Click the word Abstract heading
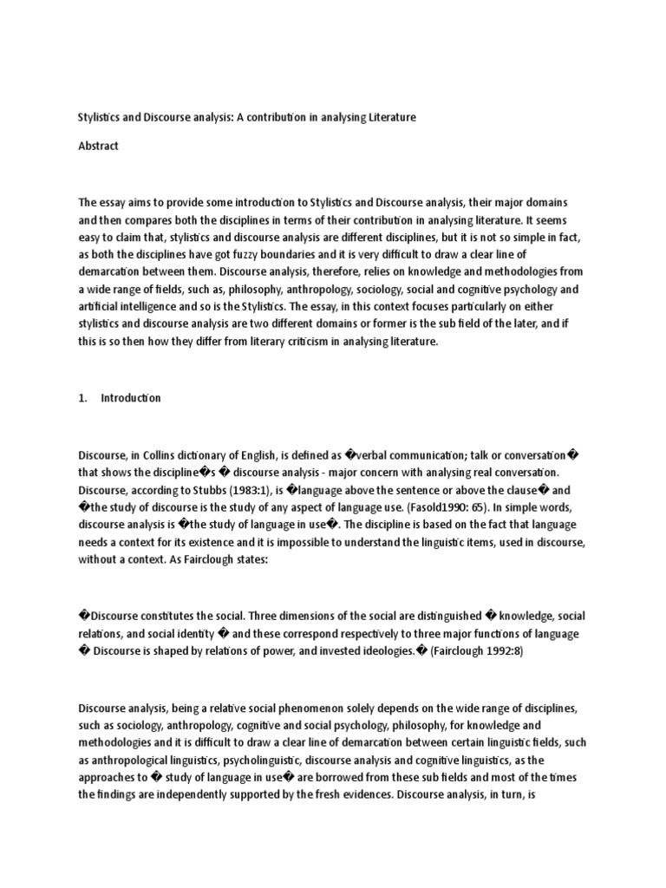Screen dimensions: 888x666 pyautogui.click(x=98, y=147)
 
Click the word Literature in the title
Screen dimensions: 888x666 pyautogui.click(x=388, y=117)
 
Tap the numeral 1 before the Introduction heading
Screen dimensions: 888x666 pyautogui.click(x=82, y=398)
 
